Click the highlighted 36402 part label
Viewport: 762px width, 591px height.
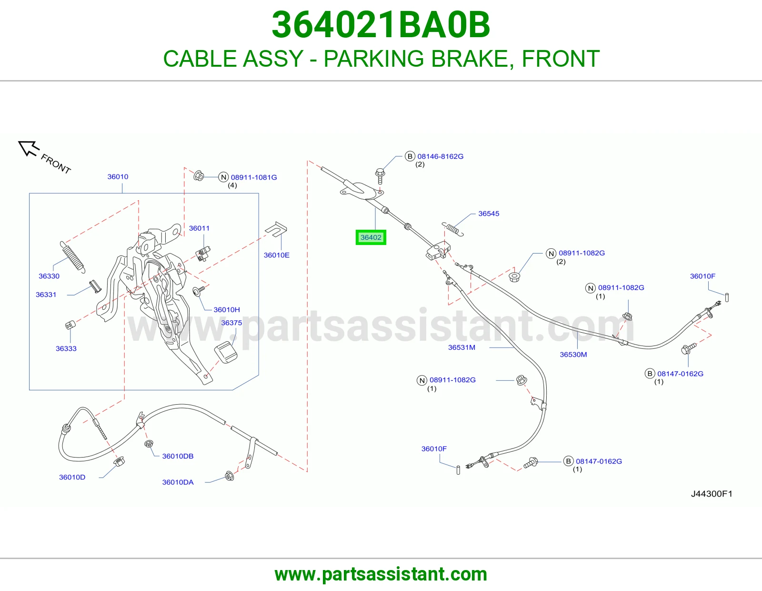point(371,237)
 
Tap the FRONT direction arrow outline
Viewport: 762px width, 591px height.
point(28,148)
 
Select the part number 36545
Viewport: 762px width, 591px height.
point(489,214)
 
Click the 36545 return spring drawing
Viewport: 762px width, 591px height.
point(452,228)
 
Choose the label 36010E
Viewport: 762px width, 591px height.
point(276,255)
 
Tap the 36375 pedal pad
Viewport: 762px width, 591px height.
point(225,352)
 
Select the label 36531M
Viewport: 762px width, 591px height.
point(461,347)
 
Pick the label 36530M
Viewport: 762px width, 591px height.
point(573,355)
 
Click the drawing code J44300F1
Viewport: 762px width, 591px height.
point(711,494)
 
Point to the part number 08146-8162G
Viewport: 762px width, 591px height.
point(440,156)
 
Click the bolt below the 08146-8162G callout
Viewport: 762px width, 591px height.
point(380,176)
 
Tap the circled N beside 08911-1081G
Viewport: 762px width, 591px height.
point(223,177)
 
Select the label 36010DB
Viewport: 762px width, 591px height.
point(178,456)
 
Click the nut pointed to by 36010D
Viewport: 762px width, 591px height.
point(119,461)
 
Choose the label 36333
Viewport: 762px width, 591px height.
point(66,348)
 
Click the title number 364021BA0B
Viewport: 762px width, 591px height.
point(381,25)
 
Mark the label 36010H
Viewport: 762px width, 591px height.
point(227,309)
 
